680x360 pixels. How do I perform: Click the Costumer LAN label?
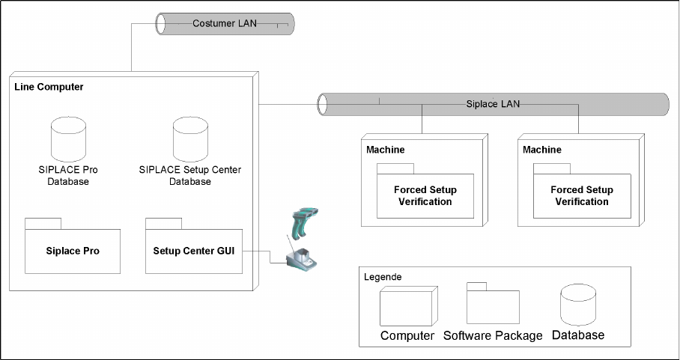tap(225, 23)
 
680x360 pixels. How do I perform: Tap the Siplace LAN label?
tap(488, 104)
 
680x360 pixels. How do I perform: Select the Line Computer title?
tap(49, 88)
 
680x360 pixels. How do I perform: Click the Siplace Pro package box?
tap(73, 251)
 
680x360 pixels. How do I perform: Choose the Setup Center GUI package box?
tap(194, 251)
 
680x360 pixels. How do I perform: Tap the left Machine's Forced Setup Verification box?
tap(425, 195)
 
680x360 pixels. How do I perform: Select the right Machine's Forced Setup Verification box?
tap(582, 195)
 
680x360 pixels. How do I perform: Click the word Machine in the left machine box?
tap(386, 150)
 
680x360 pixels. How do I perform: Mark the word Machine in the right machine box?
tap(542, 150)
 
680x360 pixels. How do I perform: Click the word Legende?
tap(383, 277)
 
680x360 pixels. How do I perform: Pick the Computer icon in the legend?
tap(407, 308)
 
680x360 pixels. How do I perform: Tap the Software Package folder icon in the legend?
tap(493, 306)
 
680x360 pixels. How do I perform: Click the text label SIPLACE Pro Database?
tap(68, 176)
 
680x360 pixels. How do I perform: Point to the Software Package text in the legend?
tap(493, 335)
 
